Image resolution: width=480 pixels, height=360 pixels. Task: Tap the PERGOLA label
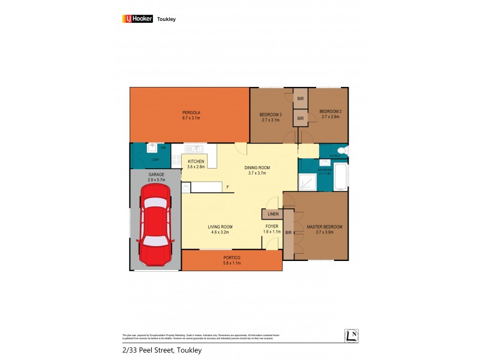[x=191, y=113]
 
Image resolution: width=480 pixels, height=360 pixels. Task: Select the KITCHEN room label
[x=196, y=162]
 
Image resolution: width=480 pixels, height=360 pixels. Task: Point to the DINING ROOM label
[x=257, y=168]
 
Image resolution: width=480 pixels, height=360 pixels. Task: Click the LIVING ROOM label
[x=220, y=227]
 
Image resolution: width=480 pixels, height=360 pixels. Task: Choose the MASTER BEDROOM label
[x=324, y=227]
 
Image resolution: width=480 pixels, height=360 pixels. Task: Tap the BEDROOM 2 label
[x=330, y=112]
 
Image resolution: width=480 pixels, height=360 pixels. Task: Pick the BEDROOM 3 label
[x=271, y=115]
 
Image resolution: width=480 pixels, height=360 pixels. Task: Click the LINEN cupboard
[x=273, y=214]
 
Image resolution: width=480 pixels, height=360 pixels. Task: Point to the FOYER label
[x=272, y=227]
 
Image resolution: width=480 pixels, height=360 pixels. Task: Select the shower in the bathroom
[x=308, y=180]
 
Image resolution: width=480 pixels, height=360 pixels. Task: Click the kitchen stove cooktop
[x=176, y=160]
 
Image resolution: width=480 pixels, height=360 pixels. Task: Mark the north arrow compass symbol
[x=352, y=337]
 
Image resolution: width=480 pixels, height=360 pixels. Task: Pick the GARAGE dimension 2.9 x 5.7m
[x=156, y=180]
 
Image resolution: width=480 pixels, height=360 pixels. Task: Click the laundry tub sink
[x=153, y=147]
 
